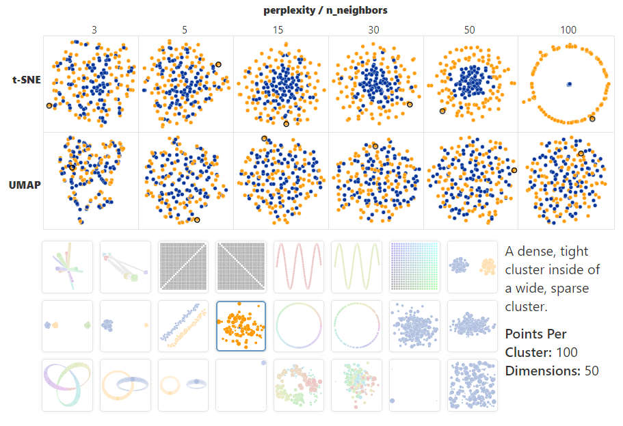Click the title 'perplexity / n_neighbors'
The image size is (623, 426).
[x=326, y=10]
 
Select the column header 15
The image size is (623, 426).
[x=280, y=30]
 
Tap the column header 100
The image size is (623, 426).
[x=568, y=30]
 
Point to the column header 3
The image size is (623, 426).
[x=93, y=30]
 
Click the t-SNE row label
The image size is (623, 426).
[x=25, y=80]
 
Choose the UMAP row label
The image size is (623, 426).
[x=24, y=185]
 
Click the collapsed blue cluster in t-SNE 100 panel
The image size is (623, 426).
[x=569, y=84]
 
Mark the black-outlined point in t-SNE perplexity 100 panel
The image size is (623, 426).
[x=592, y=119]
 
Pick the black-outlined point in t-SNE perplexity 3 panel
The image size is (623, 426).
[x=49, y=105]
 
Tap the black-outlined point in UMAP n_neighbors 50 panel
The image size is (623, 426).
[x=514, y=170]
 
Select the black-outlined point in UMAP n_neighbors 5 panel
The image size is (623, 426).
[x=197, y=219]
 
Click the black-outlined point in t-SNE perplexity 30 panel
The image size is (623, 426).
[x=410, y=105]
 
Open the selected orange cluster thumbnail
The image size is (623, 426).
[x=241, y=325]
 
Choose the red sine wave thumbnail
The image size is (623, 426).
[x=298, y=266]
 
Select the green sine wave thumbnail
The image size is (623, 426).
[x=356, y=266]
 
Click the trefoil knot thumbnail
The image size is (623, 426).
[x=66, y=385]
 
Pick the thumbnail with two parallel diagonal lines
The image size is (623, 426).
[x=183, y=325]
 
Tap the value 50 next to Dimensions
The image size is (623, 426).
[x=591, y=371]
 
